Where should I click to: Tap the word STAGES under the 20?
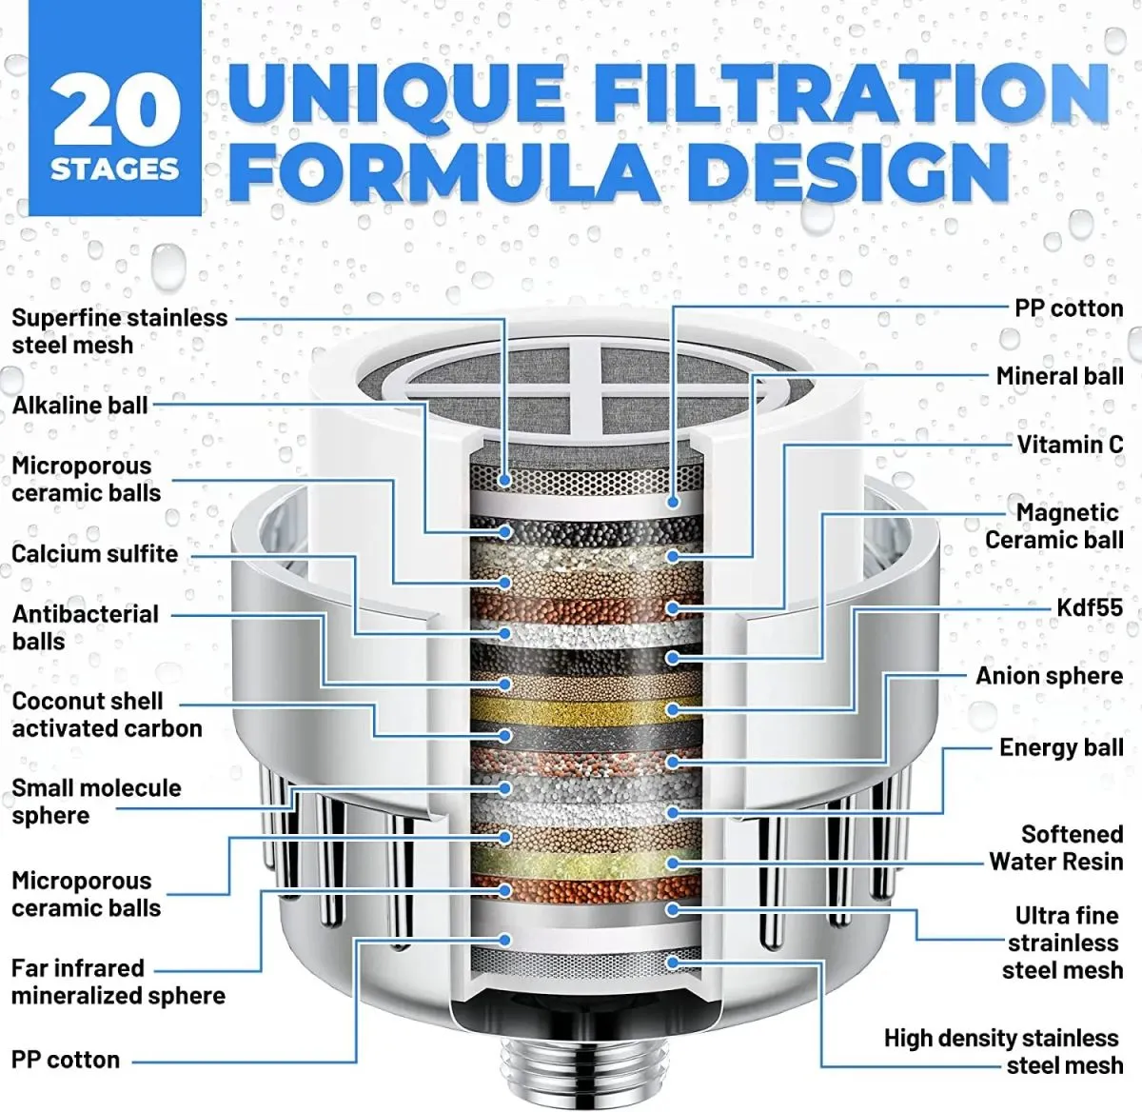pyautogui.click(x=115, y=169)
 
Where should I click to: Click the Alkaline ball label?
pyautogui.click(x=80, y=406)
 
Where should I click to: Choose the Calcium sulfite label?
pyautogui.click(x=94, y=554)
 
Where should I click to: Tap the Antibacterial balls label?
pyautogui.click(x=85, y=627)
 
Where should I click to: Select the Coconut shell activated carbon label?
pyautogui.click(x=107, y=715)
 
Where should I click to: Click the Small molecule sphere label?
pyautogui.click(x=95, y=802)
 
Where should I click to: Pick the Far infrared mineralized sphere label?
pyautogui.click(x=118, y=982)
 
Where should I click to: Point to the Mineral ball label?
pyautogui.click(x=1059, y=376)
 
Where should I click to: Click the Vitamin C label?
pyautogui.click(x=1070, y=445)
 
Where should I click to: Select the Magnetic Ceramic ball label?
pyautogui.click(x=1054, y=526)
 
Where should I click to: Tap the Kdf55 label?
pyautogui.click(x=1090, y=607)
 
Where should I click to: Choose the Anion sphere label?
pyautogui.click(x=1049, y=676)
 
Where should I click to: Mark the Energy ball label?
pyautogui.click(x=1060, y=747)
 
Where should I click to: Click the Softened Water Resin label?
pyautogui.click(x=1056, y=848)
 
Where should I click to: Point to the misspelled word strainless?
pyautogui.click(x=1063, y=943)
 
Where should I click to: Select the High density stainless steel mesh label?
pyautogui.click(x=1003, y=1052)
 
